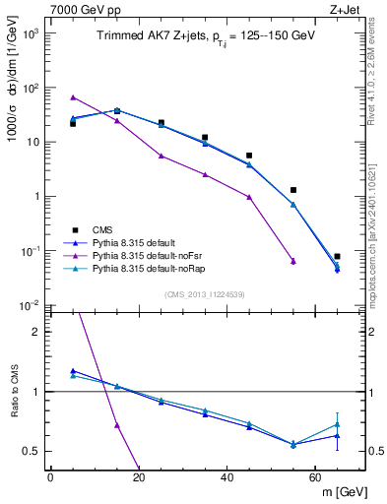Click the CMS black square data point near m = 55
tap(293, 190)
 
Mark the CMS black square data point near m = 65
tap(337, 256)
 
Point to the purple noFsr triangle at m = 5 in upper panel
tap(73, 97)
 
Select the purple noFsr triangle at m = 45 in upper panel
tap(249, 197)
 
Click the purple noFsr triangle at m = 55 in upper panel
tap(293, 261)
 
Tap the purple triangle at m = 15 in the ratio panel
tap(117, 425)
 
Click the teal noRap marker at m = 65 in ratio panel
tap(337, 424)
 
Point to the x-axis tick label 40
tap(226, 477)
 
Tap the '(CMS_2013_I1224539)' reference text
tap(204, 293)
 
